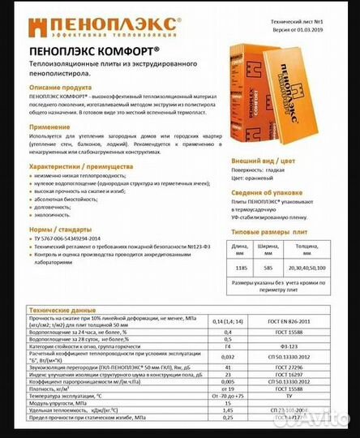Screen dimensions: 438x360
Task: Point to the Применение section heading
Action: [x=51, y=128]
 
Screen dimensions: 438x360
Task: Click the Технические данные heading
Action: [x=62, y=311]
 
